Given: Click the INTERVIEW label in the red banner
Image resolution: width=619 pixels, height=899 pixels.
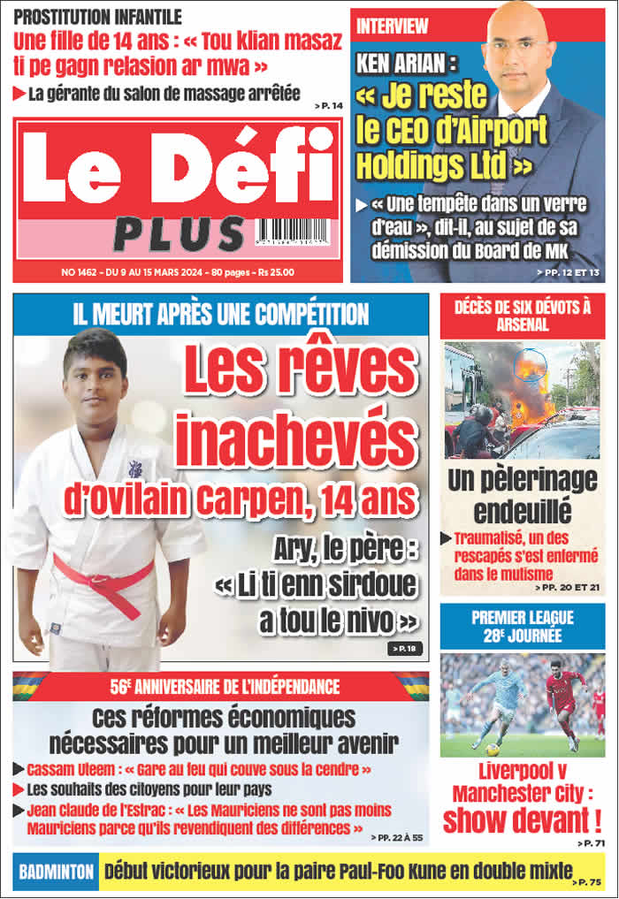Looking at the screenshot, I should (x=392, y=27).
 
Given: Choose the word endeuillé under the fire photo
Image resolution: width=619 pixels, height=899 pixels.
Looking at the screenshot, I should (x=523, y=512).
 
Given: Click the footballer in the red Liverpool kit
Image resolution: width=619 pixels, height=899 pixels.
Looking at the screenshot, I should (x=565, y=698).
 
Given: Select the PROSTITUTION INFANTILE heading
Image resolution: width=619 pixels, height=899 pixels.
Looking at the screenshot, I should (x=97, y=16).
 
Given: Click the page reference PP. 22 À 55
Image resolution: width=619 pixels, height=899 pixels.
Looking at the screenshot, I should (x=400, y=835).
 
